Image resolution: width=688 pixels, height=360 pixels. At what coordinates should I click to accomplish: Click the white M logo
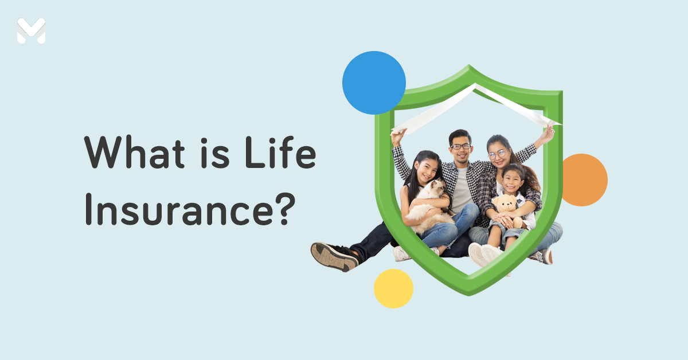pyautogui.click(x=31, y=30)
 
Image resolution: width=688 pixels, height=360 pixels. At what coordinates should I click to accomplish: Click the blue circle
pyautogui.click(x=374, y=83)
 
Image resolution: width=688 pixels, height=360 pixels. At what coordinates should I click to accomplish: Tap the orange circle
pyautogui.click(x=584, y=179)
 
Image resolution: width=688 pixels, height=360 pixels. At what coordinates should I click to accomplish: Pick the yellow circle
pyautogui.click(x=393, y=288)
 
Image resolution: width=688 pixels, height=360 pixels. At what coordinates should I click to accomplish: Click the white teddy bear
pyautogui.click(x=505, y=210)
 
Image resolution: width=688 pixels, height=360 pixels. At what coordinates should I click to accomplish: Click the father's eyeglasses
pyautogui.click(x=460, y=147)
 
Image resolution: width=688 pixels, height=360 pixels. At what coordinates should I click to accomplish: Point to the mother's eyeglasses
pyautogui.click(x=497, y=154)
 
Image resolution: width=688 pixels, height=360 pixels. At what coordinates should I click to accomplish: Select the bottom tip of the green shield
pyautogui.click(x=470, y=293)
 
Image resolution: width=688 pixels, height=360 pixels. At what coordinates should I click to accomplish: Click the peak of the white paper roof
pyautogui.click(x=475, y=86)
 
